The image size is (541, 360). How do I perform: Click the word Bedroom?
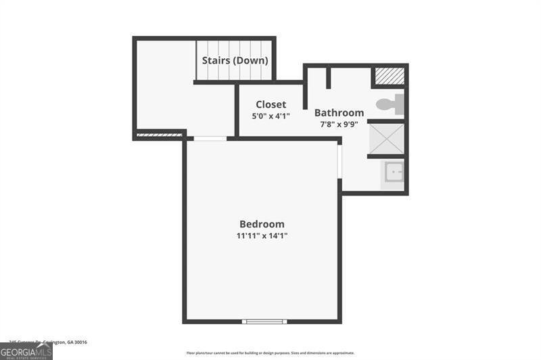(262, 224)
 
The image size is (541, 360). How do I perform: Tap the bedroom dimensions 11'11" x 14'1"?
(262, 235)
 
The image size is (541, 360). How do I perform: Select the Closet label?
(270, 105)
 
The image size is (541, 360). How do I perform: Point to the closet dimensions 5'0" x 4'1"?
(270, 116)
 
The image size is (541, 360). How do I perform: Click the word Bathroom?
(339, 113)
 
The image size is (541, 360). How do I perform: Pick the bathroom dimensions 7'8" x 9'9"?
(339, 125)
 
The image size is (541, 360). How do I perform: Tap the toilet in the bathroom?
(391, 105)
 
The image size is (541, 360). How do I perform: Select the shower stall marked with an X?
(386, 138)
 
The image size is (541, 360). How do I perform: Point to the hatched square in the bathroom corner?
(389, 76)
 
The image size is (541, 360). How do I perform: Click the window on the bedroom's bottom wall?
(264, 321)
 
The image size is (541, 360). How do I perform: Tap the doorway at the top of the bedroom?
(210, 139)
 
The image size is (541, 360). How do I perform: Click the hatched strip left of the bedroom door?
(160, 135)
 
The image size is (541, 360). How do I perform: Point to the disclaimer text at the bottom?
(270, 353)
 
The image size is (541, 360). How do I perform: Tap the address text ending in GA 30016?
(48, 342)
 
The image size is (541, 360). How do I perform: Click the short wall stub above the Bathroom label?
(328, 77)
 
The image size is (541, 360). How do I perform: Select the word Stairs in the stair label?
(216, 60)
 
